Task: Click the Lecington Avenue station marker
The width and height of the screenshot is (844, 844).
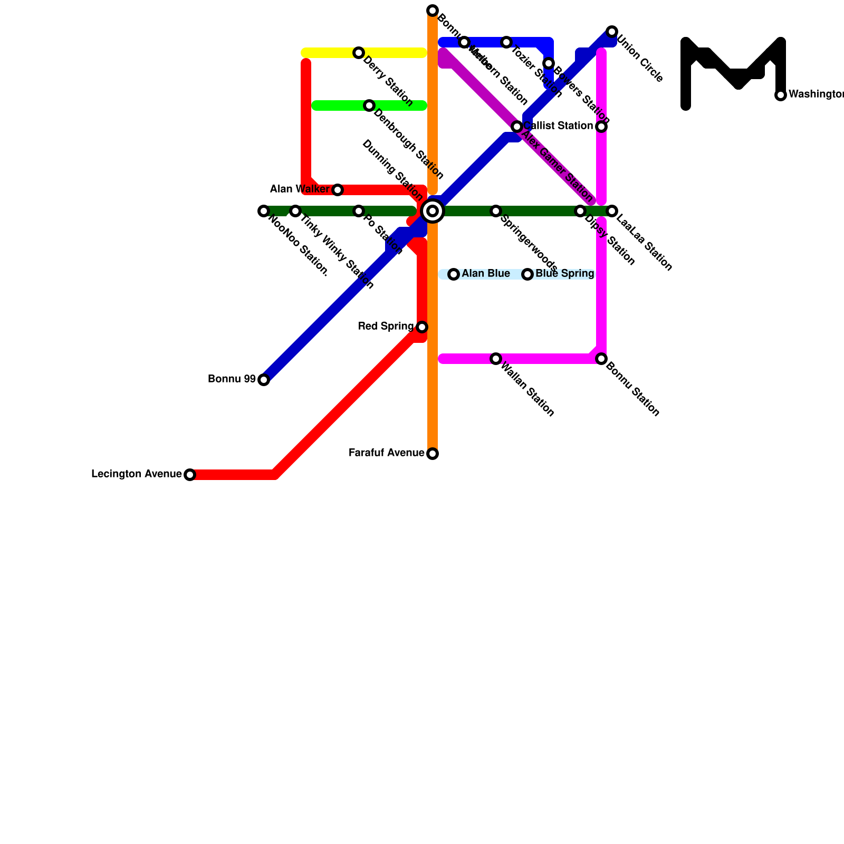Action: pos(190,475)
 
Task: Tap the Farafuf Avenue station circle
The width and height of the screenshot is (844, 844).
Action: pos(433,454)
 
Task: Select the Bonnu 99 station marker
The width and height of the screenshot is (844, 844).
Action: pos(264,380)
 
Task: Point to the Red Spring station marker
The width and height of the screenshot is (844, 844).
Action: pos(422,327)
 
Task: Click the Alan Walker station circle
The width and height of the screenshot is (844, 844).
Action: pos(338,190)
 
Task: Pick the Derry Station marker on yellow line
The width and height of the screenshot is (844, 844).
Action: pos(359,53)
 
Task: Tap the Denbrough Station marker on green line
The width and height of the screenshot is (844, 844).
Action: pos(369,105)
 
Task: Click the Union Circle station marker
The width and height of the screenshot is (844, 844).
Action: pos(612,32)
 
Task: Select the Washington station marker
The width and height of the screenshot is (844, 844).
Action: pos(781,95)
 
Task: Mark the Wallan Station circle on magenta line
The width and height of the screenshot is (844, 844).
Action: pos(496,359)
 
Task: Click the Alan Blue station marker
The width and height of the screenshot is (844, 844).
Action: pos(454,274)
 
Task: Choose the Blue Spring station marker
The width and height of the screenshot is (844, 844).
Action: pos(527,274)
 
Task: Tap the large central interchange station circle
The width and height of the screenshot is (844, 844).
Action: pos(433,211)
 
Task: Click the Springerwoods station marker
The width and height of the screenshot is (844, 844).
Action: pos(496,211)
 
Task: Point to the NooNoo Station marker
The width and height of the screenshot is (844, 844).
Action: pos(264,211)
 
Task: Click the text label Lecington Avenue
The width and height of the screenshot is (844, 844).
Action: pos(137,474)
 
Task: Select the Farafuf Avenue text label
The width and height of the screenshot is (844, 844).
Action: pos(387,453)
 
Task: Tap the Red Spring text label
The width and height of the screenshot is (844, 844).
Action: pos(386,327)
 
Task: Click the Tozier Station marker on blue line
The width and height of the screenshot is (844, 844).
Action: pos(506,42)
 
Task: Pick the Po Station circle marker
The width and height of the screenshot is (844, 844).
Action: pos(359,211)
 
